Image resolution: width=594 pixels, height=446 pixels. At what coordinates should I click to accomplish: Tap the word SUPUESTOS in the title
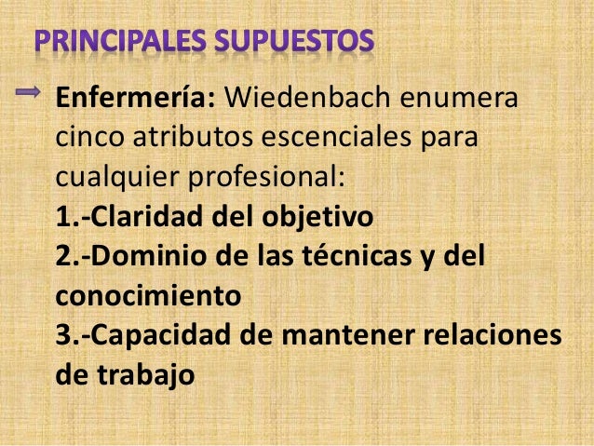tap(295, 43)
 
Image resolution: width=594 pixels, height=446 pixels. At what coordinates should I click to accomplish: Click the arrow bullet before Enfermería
tap(29, 91)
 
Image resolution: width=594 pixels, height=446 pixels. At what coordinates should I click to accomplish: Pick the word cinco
tap(88, 137)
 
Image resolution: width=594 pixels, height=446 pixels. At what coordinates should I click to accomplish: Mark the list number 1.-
tap(74, 216)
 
